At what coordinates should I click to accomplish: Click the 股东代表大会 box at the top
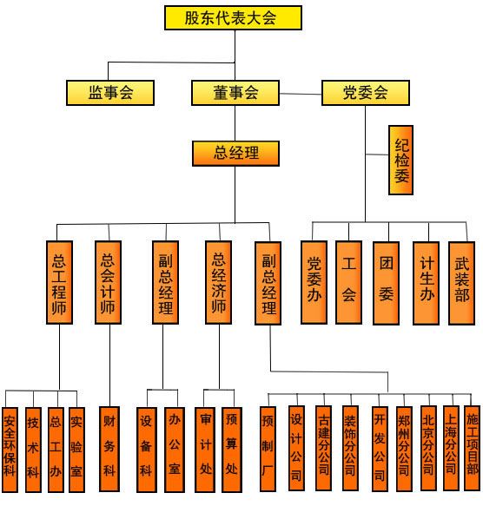(x=233, y=17)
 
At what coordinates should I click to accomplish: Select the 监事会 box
(x=110, y=93)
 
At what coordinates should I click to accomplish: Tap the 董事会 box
(x=235, y=93)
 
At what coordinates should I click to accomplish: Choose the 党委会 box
(x=366, y=93)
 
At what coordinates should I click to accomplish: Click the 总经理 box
(x=235, y=154)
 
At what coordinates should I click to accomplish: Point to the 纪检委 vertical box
(x=400, y=160)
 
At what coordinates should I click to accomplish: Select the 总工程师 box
(x=59, y=282)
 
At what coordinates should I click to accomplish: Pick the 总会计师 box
(x=108, y=282)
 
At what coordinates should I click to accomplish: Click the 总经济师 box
(x=218, y=282)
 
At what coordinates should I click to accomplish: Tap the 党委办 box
(x=314, y=282)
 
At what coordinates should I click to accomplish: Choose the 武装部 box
(x=461, y=283)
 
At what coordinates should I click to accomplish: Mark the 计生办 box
(x=426, y=283)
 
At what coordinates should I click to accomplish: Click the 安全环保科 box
(x=10, y=450)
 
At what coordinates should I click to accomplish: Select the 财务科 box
(x=109, y=449)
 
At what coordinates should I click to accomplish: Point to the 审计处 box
(x=205, y=450)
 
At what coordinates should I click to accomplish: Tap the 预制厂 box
(x=268, y=449)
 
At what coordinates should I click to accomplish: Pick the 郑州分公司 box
(x=404, y=449)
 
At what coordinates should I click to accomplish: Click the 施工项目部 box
(x=472, y=448)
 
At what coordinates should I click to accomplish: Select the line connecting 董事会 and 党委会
(x=301, y=94)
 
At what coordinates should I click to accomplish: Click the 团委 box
(x=386, y=283)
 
